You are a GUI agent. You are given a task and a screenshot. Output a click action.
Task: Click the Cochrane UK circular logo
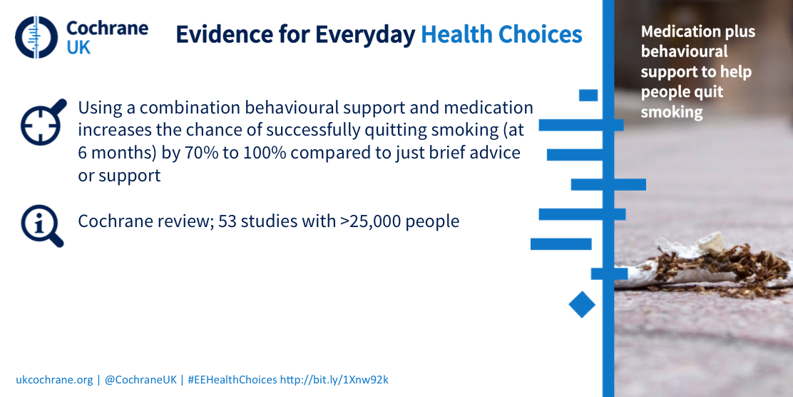point(36,37)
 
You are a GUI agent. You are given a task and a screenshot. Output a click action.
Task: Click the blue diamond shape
point(582,305)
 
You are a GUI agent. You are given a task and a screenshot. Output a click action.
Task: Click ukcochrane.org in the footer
point(55,380)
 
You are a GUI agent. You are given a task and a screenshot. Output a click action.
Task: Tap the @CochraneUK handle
point(141,380)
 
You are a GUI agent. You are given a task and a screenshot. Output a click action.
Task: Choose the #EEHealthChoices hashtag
point(232,380)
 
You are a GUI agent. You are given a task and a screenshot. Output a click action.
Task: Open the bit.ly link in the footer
point(334,380)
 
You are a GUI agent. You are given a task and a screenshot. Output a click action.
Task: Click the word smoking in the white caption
point(672,112)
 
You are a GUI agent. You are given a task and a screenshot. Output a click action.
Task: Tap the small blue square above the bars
point(588,95)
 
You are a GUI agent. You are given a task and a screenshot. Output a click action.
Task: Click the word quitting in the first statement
point(324,130)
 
